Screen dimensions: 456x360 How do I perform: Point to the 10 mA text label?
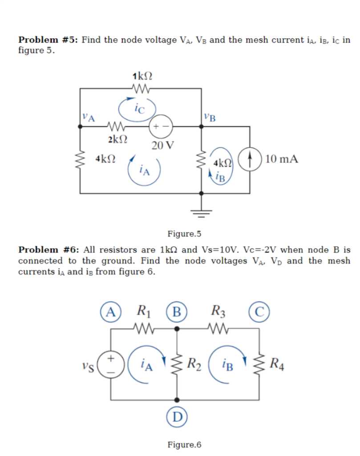click(282, 159)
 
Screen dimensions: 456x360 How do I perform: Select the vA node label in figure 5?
click(89, 118)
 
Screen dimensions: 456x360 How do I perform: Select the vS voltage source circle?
click(111, 364)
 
